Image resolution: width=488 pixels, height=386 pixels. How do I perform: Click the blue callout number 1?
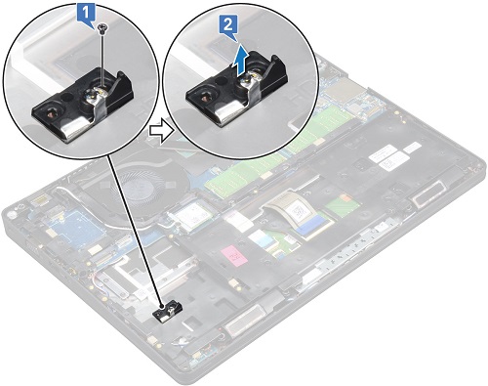click(x=87, y=14)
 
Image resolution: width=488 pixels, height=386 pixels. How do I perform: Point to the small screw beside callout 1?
click(x=102, y=32)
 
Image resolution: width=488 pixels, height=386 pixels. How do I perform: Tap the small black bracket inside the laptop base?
click(x=168, y=313)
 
